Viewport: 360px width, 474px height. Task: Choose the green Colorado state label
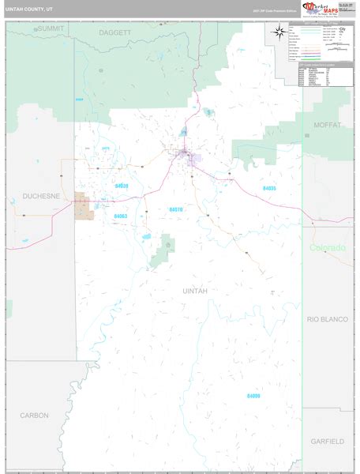click(327, 248)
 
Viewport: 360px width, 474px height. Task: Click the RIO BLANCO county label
click(327, 318)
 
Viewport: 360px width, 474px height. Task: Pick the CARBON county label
click(35, 415)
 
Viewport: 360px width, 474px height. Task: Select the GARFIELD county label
click(326, 440)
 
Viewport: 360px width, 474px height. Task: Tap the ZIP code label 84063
click(121, 216)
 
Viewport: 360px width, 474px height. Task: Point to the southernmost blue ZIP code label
click(253, 395)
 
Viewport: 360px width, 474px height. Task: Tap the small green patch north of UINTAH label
click(165, 249)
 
